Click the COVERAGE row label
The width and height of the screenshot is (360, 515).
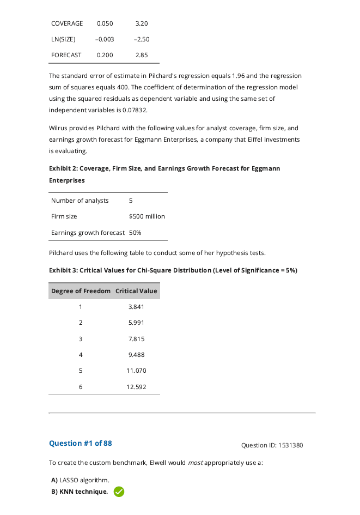(x=67, y=23)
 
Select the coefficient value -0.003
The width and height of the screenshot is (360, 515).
(x=105, y=39)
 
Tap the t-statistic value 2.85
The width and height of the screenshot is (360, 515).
(x=142, y=55)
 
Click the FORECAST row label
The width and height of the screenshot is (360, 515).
(x=66, y=55)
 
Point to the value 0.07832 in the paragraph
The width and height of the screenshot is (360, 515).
(x=135, y=110)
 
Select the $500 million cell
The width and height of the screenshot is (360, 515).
(x=147, y=216)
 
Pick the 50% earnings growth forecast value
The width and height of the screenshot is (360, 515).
(x=135, y=233)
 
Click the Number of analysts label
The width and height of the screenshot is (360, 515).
(x=80, y=201)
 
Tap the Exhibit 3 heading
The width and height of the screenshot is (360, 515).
(x=173, y=270)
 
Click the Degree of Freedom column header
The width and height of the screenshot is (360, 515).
(x=81, y=291)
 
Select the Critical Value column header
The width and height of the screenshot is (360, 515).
(x=136, y=291)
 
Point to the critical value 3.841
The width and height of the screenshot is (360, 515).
(x=136, y=307)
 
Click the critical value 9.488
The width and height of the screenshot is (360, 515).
(x=136, y=355)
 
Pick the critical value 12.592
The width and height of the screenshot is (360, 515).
(x=136, y=387)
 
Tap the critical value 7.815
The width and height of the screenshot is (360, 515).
(x=136, y=339)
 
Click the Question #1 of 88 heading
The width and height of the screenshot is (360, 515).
(x=81, y=443)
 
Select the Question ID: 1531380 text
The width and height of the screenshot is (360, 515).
(x=272, y=445)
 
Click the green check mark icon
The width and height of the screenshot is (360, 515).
(x=119, y=492)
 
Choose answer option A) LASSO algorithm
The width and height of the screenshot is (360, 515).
(x=80, y=480)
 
